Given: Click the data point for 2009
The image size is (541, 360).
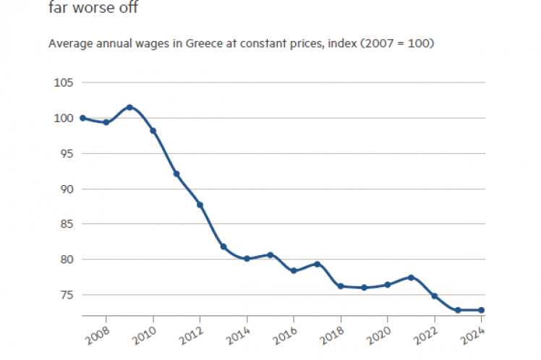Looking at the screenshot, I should tap(129, 107).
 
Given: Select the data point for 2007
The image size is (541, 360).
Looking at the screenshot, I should tap(82, 118).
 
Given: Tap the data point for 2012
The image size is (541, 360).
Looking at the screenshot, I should tap(200, 205).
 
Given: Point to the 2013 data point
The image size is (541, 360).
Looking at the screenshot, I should tap(223, 247).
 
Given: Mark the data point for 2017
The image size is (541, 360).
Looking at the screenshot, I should tap(318, 264).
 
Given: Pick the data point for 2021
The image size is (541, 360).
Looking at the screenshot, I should tap(411, 278).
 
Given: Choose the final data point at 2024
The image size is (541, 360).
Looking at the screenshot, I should tap(482, 310).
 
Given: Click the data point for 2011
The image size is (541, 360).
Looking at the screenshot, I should tap(176, 174).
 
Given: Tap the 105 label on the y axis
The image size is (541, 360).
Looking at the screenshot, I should tap(64, 82).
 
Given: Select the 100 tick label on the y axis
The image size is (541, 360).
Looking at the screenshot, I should tap(64, 118).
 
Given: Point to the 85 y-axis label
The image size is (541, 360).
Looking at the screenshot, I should tap(66, 224).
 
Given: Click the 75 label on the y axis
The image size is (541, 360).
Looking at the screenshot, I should tap(66, 295).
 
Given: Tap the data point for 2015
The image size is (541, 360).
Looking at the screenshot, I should tap(270, 255).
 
